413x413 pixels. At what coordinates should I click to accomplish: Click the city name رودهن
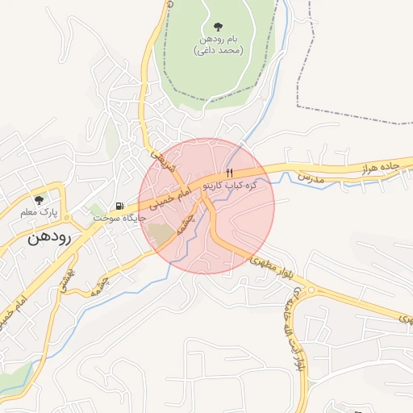49,237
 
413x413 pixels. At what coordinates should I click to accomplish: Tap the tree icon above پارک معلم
38,200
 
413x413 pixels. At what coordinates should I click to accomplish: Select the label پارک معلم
39,213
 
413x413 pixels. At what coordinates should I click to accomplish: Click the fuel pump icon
120,206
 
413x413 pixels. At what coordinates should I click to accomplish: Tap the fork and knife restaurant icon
230,173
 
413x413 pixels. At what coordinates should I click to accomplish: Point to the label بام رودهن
219,39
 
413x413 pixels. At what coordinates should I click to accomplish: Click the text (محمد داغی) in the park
219,50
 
